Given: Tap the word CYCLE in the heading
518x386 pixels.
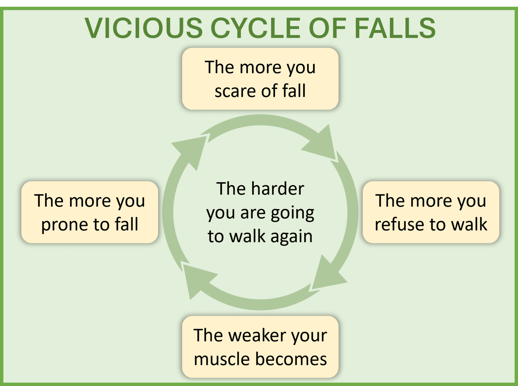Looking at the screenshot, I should [255, 28].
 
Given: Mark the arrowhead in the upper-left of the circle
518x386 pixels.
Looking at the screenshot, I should [192, 149].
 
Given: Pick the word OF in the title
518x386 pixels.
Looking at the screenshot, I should [327, 28].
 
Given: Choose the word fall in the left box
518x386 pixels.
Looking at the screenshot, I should [126, 224].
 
